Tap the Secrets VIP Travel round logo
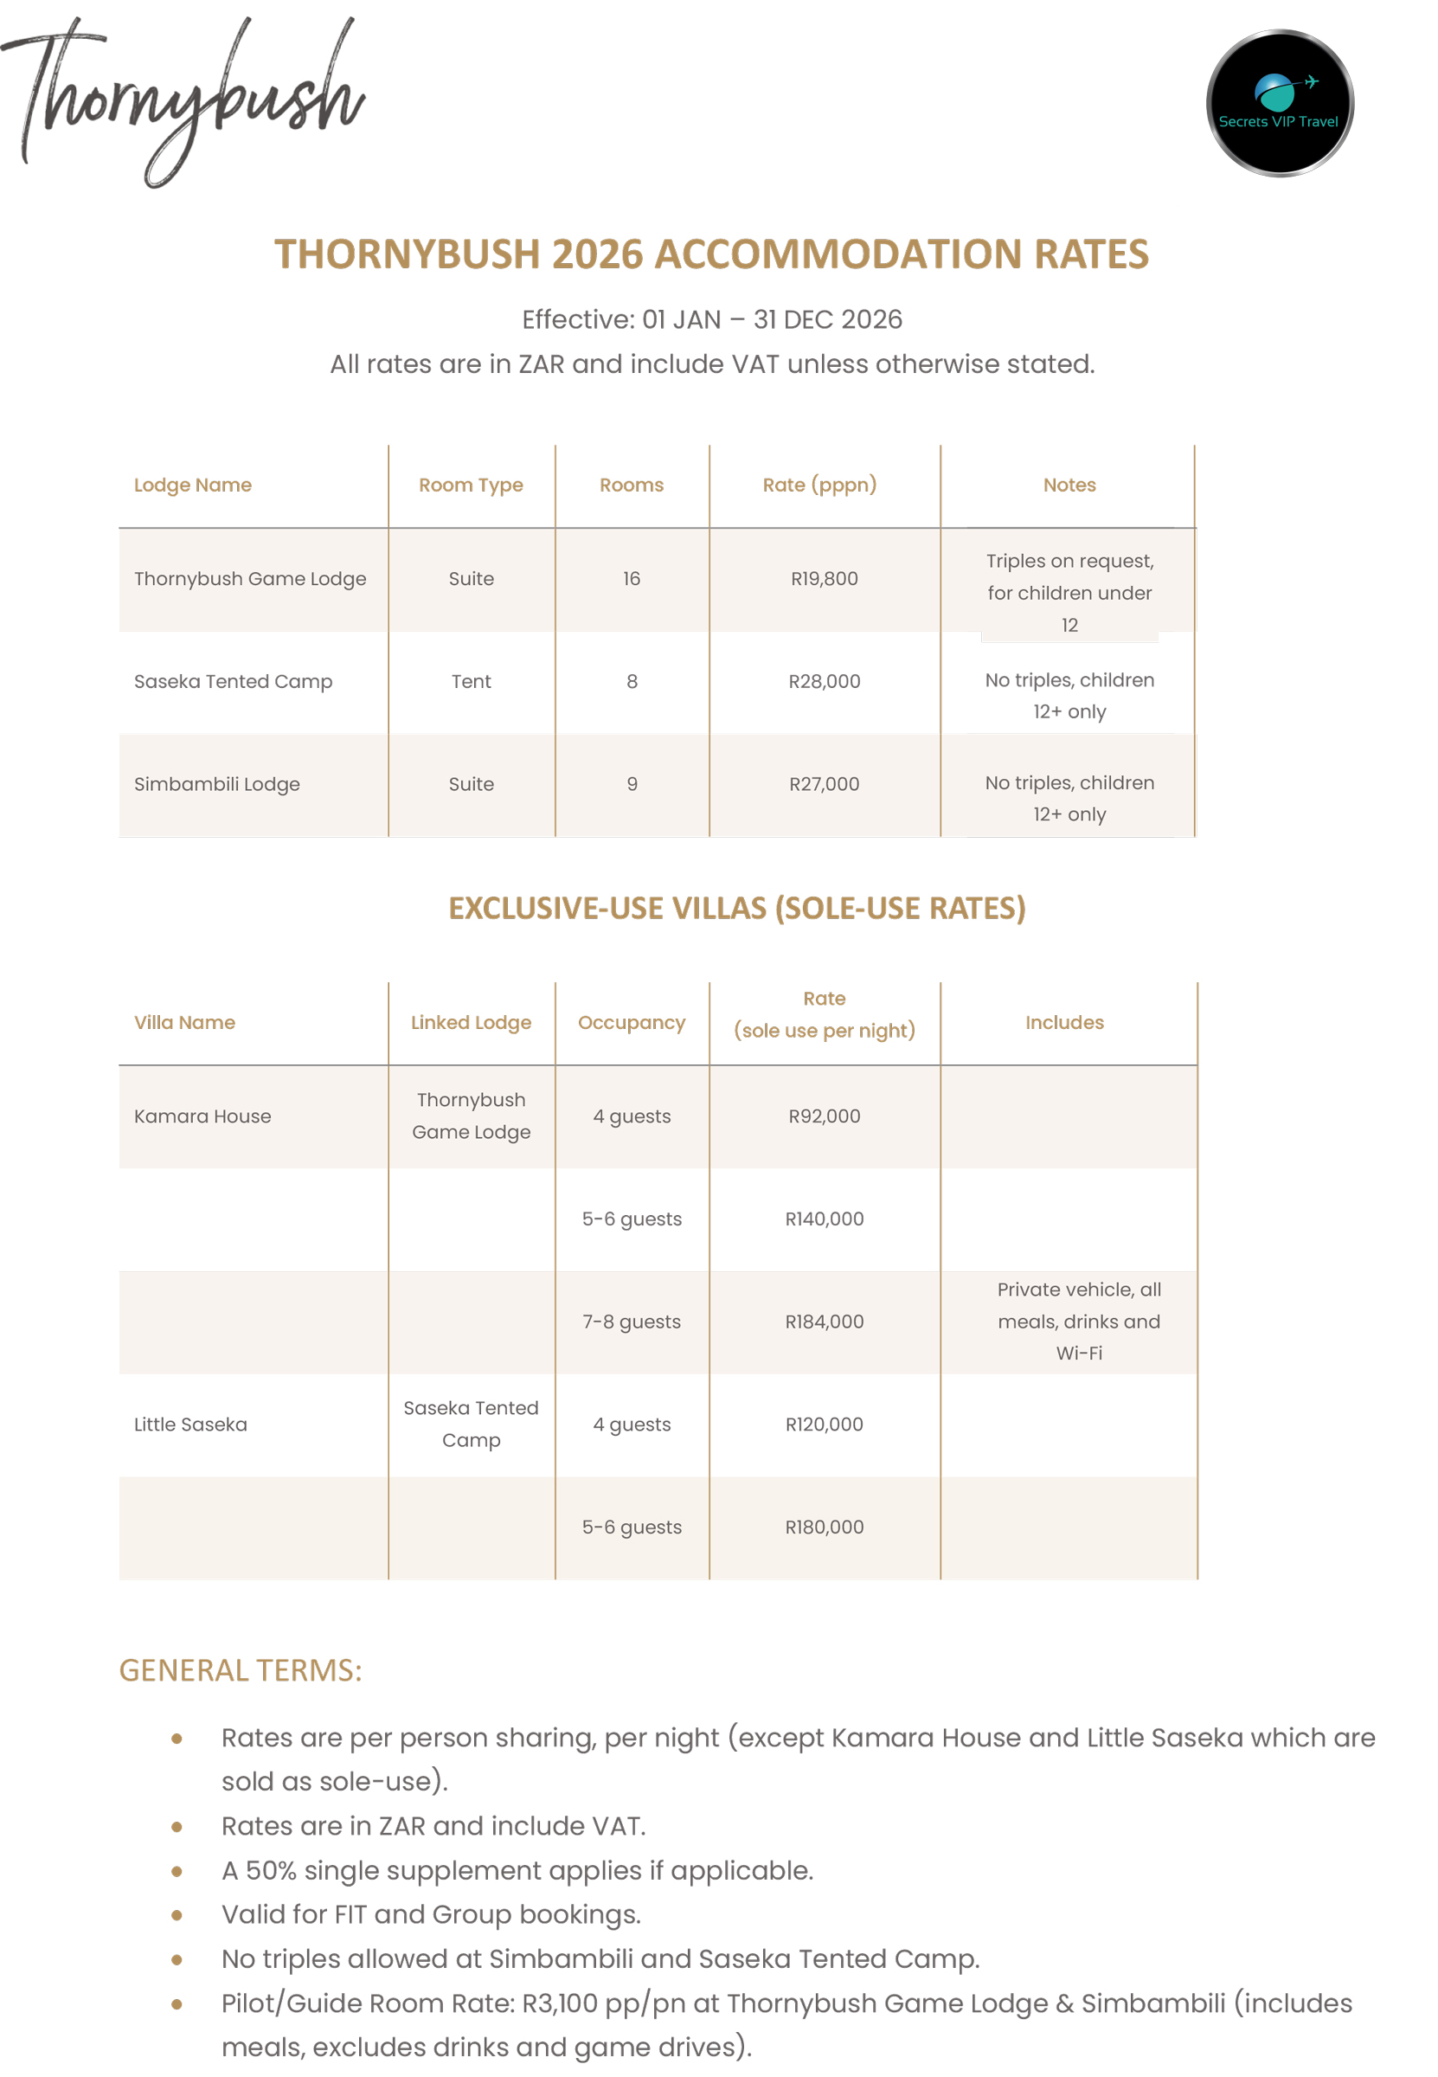[x=1280, y=103]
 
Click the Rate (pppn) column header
[x=819, y=485]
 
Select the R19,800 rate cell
[x=824, y=578]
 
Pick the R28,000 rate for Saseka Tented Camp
[x=824, y=681]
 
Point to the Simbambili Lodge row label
[x=217, y=784]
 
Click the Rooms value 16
[x=632, y=578]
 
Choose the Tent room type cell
[x=472, y=681]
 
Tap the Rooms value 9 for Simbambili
[x=632, y=784]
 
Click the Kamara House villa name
[x=202, y=1116]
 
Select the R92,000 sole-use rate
[x=824, y=1116]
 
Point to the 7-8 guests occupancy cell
[x=632, y=1321]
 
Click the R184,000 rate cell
[x=824, y=1321]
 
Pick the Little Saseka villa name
[x=191, y=1424]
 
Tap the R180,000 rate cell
[x=824, y=1527]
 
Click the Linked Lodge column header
[x=472, y=1022]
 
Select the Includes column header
[x=1064, y=1022]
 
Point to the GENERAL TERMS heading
[x=241, y=1669]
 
